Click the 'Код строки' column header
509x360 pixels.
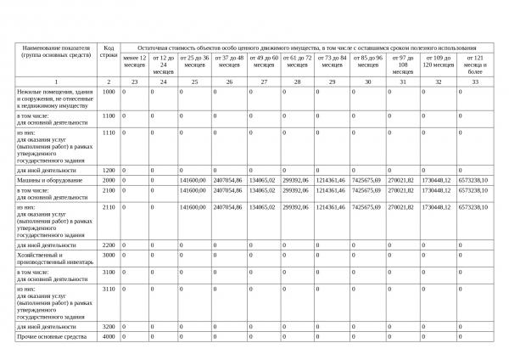[x=109, y=51]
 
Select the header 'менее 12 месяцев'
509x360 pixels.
[x=135, y=60]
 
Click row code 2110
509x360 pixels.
[x=109, y=206]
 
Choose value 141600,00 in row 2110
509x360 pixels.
[x=193, y=206]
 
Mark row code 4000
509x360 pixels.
[x=109, y=337]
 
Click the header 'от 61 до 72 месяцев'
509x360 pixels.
[x=297, y=60]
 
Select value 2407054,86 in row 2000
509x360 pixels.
[x=229, y=180]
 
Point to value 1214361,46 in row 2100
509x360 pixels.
[x=331, y=191]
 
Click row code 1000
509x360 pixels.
[x=109, y=91]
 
